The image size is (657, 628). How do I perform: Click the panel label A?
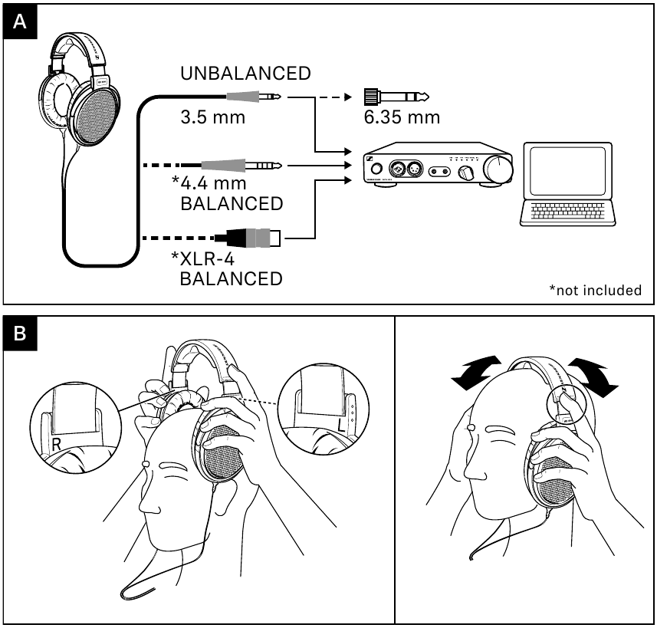pos(20,23)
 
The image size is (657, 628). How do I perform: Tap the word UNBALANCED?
pos(245,74)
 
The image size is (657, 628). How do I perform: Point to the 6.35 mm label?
pos(402,117)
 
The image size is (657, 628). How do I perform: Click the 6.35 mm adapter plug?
pos(395,97)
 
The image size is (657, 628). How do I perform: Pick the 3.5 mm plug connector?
pos(253,97)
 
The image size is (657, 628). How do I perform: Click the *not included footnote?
pos(595,290)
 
